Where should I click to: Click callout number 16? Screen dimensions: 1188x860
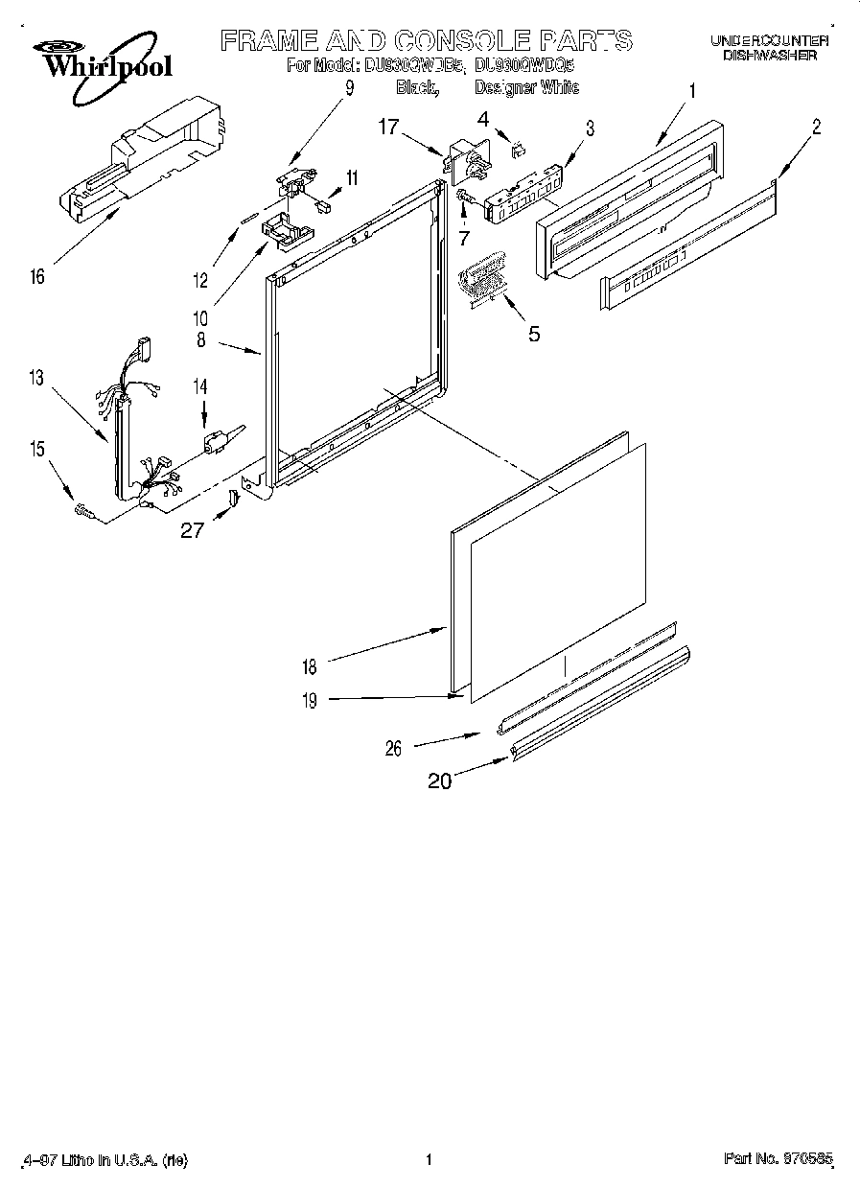pyautogui.click(x=36, y=277)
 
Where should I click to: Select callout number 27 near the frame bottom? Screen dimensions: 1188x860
pyautogui.click(x=193, y=529)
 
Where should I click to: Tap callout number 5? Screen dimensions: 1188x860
pyautogui.click(x=534, y=334)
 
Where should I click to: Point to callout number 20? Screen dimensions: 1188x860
pyautogui.click(x=440, y=780)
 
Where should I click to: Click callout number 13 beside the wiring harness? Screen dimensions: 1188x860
pyautogui.click(x=36, y=379)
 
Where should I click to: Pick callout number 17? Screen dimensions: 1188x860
pyautogui.click(x=386, y=126)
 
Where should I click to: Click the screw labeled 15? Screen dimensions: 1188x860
pyautogui.click(x=83, y=513)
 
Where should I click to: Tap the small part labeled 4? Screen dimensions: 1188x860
pyautogui.click(x=518, y=148)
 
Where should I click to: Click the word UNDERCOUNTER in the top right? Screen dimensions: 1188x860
pyautogui.click(x=769, y=40)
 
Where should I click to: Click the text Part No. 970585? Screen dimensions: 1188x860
pyautogui.click(x=780, y=1160)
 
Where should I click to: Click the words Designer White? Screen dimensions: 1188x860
pyautogui.click(x=526, y=88)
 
